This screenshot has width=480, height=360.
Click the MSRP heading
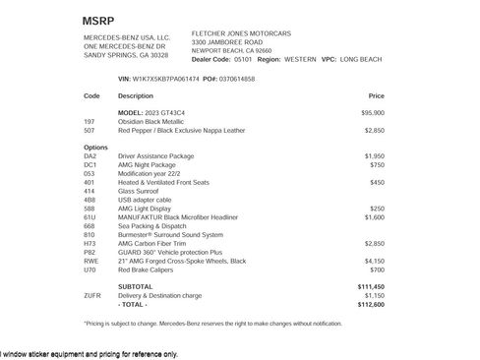pyautogui.click(x=97, y=19)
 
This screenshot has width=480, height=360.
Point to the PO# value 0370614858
pyautogui.click(x=237, y=78)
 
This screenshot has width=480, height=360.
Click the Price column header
pyautogui.click(x=376, y=96)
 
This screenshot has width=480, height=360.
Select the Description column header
pyautogui.click(x=136, y=96)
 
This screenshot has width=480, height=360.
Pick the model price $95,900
pyautogui.click(x=372, y=113)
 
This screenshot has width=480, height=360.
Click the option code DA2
pyautogui.click(x=90, y=155)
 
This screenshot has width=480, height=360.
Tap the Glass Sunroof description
pyautogui.click(x=140, y=190)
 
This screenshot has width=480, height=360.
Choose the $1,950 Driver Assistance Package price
pyautogui.click(x=374, y=155)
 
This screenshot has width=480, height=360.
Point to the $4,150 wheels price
pyautogui.click(x=374, y=260)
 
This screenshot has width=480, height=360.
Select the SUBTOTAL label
pyautogui.click(x=136, y=285)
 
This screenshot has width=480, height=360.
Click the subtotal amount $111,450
pyautogui.click(x=370, y=285)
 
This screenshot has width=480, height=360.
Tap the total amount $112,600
pyautogui.click(x=370, y=303)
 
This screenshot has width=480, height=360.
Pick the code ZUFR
pyautogui.click(x=92, y=294)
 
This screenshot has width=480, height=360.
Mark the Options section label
pyautogui.click(x=95, y=147)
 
